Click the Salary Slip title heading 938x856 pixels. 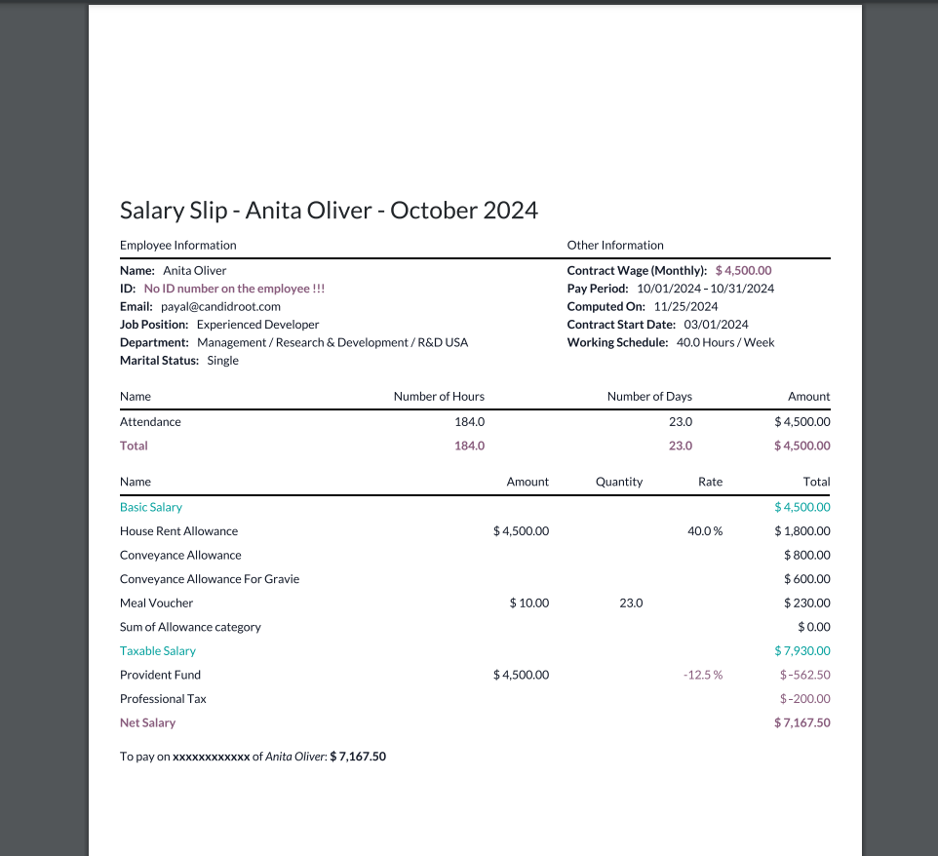(x=329, y=210)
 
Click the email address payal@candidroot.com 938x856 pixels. (x=220, y=306)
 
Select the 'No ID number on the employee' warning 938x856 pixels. (x=234, y=289)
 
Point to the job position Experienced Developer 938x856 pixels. (x=257, y=325)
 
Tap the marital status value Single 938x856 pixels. (x=222, y=361)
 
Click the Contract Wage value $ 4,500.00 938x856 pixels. (x=743, y=270)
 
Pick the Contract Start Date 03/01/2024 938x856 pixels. (x=716, y=325)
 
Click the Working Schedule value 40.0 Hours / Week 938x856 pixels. (x=725, y=342)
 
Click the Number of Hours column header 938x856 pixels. (x=439, y=397)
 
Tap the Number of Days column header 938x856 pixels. (x=649, y=397)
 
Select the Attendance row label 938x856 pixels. (x=150, y=422)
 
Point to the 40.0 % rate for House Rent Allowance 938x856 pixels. (x=705, y=531)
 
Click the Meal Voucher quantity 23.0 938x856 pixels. (x=631, y=603)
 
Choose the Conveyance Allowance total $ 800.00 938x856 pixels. (x=806, y=556)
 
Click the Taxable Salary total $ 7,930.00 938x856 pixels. (x=802, y=651)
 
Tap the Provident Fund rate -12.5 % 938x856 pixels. (x=703, y=675)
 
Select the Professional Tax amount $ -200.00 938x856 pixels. (x=804, y=699)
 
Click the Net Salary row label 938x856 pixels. (x=147, y=723)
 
